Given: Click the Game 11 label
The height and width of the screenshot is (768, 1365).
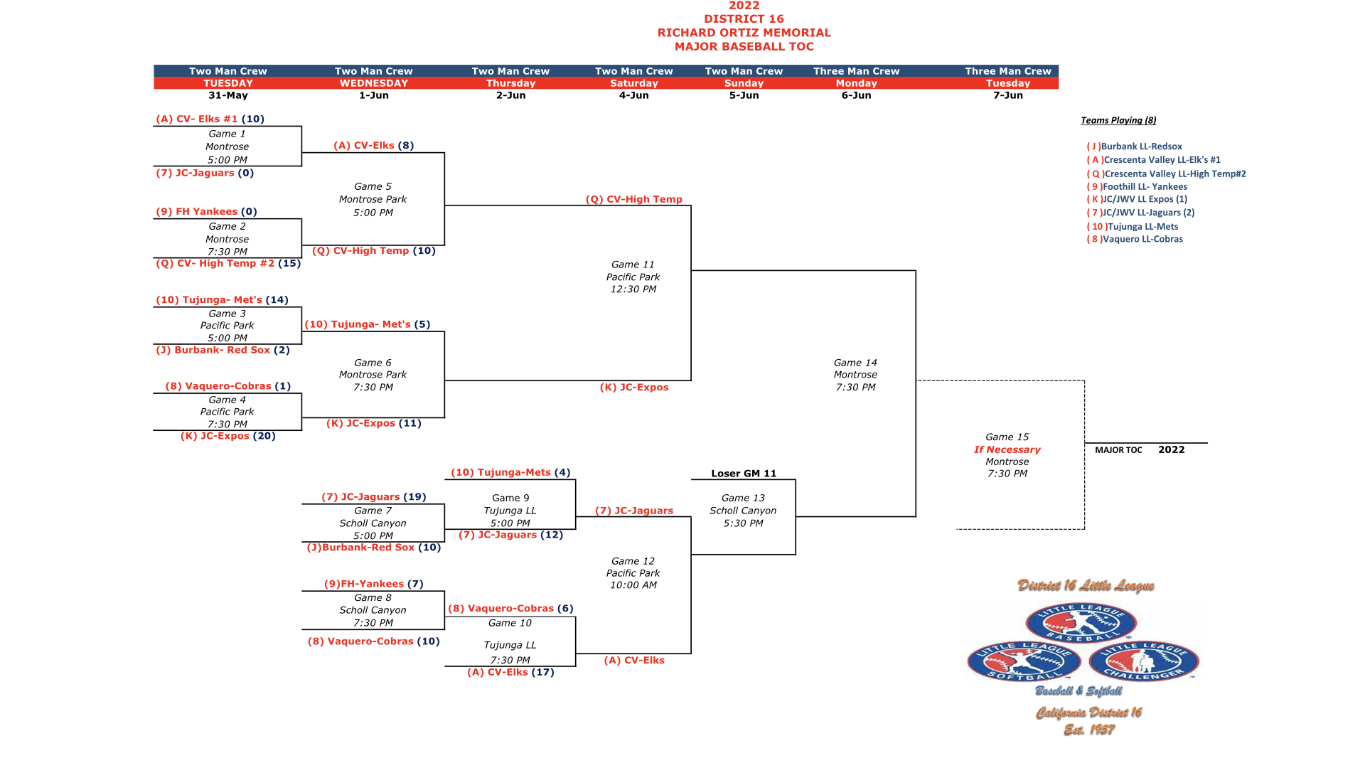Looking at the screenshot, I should (x=633, y=265).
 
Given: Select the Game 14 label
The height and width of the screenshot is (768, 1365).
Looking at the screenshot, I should (x=855, y=363).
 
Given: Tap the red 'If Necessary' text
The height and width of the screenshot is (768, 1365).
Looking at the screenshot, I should (x=1007, y=449).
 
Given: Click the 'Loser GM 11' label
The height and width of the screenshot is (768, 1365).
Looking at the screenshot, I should (x=744, y=474).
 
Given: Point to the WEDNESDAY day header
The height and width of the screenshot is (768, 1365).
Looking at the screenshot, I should (x=373, y=83).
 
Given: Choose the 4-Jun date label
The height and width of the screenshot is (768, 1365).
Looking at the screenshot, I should (x=633, y=95).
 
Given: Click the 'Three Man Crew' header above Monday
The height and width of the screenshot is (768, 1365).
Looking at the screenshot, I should (x=856, y=71).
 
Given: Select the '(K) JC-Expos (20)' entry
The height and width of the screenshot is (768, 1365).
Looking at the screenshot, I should (x=227, y=436).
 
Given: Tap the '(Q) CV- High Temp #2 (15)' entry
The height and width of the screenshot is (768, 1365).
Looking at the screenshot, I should (x=228, y=263).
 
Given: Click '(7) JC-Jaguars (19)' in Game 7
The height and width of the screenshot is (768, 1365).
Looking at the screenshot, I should (x=373, y=497).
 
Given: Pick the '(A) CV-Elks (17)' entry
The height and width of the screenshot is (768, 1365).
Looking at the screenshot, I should (x=510, y=672).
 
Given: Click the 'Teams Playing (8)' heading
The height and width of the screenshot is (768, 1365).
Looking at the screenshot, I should (x=1118, y=120).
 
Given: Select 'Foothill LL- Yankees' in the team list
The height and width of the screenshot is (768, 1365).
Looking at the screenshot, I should (x=1144, y=186).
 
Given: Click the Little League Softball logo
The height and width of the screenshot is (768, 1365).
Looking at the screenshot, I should (x=1024, y=661).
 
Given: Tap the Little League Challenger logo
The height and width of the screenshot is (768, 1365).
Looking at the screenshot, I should (x=1143, y=661).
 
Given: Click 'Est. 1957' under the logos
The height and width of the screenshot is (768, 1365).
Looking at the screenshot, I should (x=1088, y=730).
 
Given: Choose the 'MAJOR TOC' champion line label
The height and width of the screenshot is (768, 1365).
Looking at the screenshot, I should (x=1118, y=450).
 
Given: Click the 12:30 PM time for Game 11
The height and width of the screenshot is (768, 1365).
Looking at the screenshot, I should (x=633, y=289).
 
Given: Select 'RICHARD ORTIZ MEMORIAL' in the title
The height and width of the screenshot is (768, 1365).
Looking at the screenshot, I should (x=744, y=33).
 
